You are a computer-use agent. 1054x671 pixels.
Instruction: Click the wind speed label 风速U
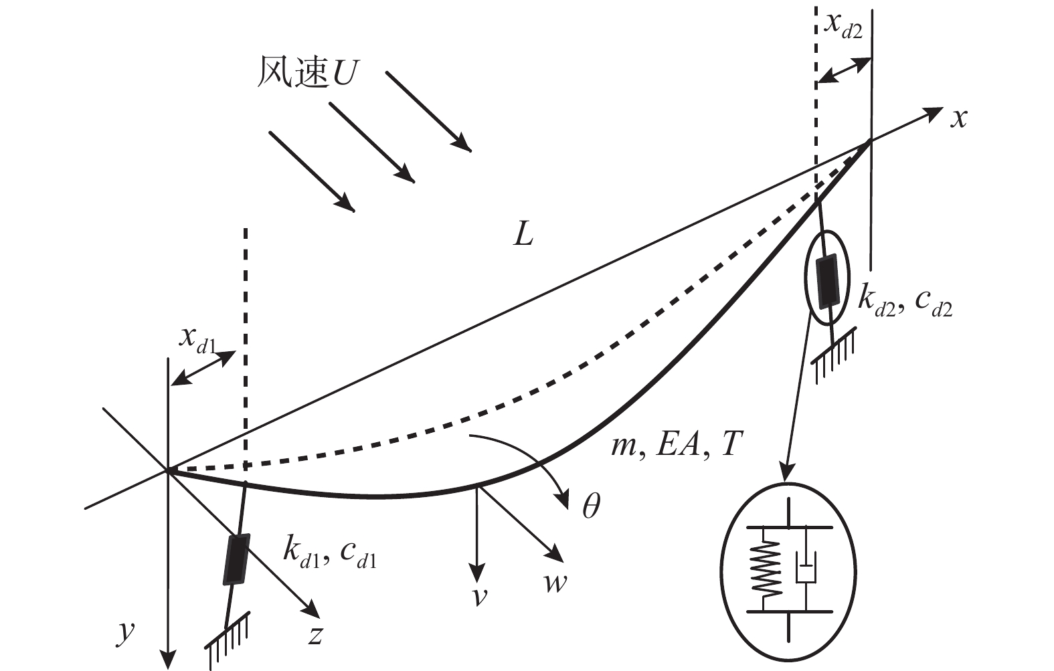pyautogui.click(x=306, y=73)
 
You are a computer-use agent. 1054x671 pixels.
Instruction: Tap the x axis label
pyautogui.click(x=960, y=118)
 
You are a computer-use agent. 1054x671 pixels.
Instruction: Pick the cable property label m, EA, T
pyautogui.click(x=676, y=444)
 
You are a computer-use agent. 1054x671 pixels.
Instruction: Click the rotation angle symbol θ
pyautogui.click(x=590, y=507)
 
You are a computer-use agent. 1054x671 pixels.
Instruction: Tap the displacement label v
pyautogui.click(x=479, y=595)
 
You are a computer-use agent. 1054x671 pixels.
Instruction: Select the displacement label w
pyautogui.click(x=555, y=583)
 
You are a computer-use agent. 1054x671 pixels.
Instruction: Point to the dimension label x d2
pyautogui.click(x=843, y=25)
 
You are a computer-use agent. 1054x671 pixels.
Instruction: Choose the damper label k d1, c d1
pyautogui.click(x=329, y=553)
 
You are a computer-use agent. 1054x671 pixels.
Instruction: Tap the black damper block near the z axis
pyautogui.click(x=236, y=559)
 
